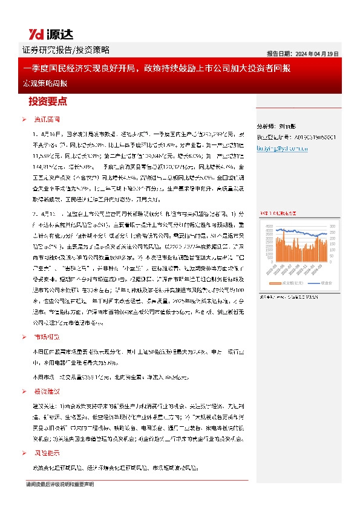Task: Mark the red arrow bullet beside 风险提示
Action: click(24, 453)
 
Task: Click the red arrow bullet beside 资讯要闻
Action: click(24, 120)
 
